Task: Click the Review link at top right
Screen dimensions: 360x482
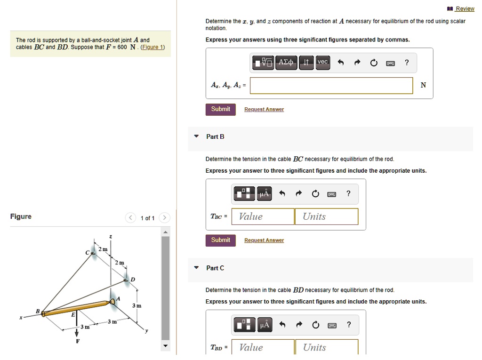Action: click(465, 8)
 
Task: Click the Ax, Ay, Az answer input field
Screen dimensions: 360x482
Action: click(331, 85)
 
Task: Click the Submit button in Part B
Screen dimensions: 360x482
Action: click(220, 240)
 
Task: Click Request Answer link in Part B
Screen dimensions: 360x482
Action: click(264, 240)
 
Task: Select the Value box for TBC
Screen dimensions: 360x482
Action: click(263, 216)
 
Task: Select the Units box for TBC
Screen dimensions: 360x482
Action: click(327, 216)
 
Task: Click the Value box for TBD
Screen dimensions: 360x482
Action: click(263, 347)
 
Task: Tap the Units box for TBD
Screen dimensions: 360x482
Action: click(327, 347)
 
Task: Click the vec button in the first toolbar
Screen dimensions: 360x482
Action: click(322, 62)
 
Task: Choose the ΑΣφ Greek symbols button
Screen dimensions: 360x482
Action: click(286, 62)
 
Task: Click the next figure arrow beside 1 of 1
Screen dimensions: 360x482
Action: click(164, 218)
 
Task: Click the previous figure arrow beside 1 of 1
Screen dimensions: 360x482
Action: click(130, 218)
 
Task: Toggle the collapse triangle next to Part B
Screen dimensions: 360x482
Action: click(196, 136)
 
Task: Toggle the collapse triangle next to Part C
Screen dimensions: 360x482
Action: click(196, 268)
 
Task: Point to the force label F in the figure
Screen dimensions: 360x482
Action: click(78, 341)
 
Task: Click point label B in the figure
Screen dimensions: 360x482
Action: click(38, 311)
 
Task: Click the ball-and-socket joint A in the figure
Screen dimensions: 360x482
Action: click(113, 301)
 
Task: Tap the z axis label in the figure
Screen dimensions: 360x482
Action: click(111, 236)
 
